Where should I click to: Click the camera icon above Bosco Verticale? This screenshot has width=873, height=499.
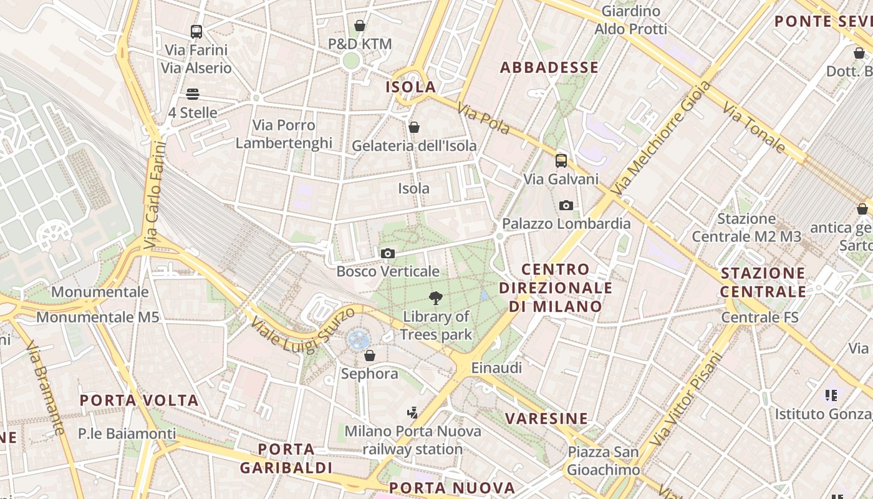tap(388, 253)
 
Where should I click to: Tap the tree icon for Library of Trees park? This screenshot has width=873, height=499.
tap(436, 298)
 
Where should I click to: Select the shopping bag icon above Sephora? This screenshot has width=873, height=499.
tap(370, 356)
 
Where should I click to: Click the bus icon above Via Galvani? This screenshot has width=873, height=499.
tap(561, 161)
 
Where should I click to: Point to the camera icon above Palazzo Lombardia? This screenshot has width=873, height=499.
tap(566, 205)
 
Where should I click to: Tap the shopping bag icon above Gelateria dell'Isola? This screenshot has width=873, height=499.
tap(413, 128)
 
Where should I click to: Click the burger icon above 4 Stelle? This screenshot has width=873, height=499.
tap(193, 94)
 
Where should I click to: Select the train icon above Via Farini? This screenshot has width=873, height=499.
tap(196, 31)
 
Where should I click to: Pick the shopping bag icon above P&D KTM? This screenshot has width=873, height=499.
tap(360, 26)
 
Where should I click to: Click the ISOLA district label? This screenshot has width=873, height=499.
tap(411, 87)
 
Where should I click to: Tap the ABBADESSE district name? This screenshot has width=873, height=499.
tap(549, 67)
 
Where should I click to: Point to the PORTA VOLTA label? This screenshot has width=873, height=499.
tap(139, 400)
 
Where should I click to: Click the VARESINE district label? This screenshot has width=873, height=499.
tap(547, 419)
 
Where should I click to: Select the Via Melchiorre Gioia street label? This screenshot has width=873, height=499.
tap(661, 138)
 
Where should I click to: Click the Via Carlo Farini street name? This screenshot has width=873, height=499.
tap(156, 195)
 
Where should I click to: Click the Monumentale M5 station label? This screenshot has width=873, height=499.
tap(98, 317)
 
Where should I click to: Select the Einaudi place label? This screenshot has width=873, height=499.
tap(496, 368)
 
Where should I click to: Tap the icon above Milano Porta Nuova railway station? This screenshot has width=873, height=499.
tap(412, 412)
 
